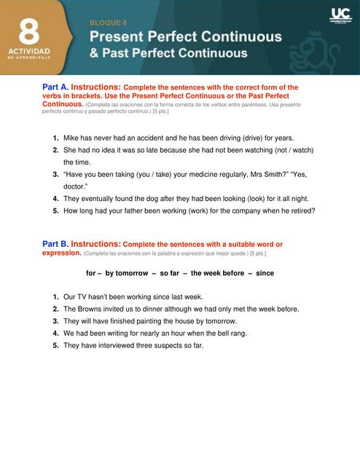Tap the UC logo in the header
pos(340,15)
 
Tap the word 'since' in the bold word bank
pos(265,273)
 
